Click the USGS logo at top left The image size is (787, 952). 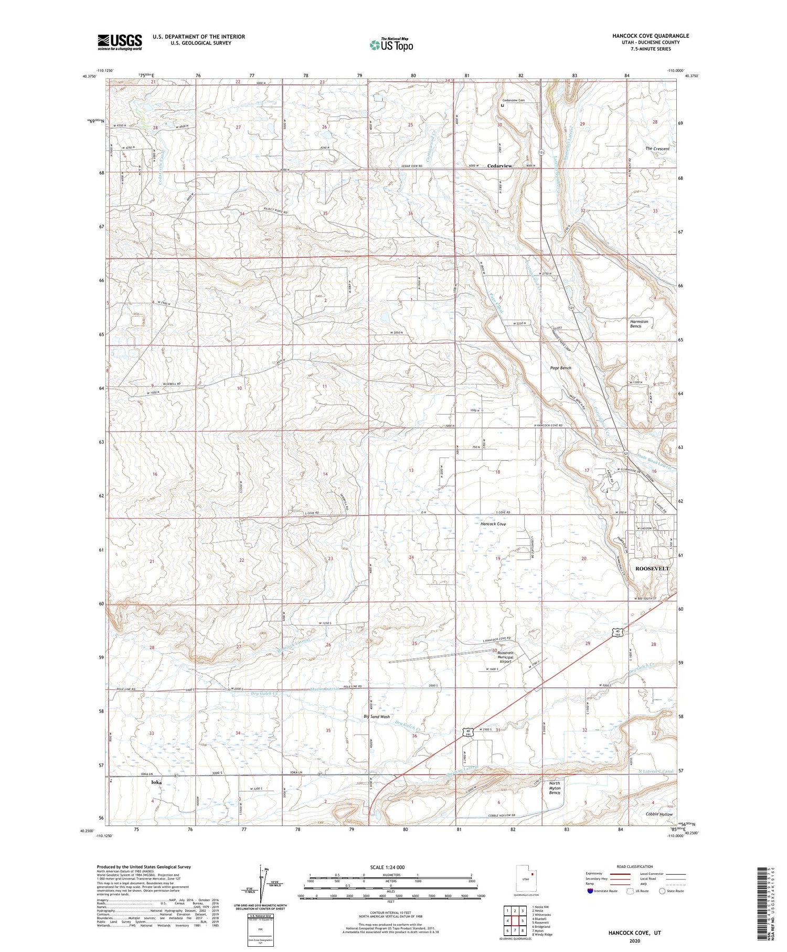coord(120,42)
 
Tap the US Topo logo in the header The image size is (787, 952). coord(391,45)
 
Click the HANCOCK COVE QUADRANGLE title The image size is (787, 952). coord(650,36)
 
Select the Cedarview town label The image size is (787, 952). coord(499,166)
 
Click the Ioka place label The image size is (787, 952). coord(156,782)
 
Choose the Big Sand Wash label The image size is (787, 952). coord(377,716)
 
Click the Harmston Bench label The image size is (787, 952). coord(639,323)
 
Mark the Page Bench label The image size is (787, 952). coord(560,368)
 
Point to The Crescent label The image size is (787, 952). coord(657,149)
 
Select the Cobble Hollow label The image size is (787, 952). coord(659,814)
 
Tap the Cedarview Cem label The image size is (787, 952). coord(513,100)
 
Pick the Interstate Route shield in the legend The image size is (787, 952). coord(590,891)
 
